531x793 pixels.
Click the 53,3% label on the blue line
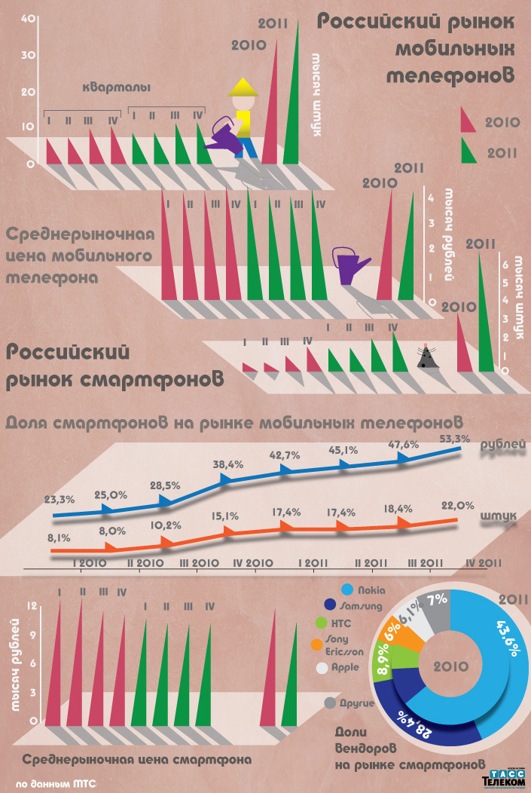[x=454, y=439]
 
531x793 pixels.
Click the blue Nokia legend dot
[x=348, y=589]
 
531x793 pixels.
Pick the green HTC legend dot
[x=322, y=623]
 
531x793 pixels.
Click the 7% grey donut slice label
[x=437, y=600]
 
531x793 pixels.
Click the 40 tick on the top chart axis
[x=26, y=20]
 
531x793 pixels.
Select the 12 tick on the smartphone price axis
[x=32, y=605]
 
